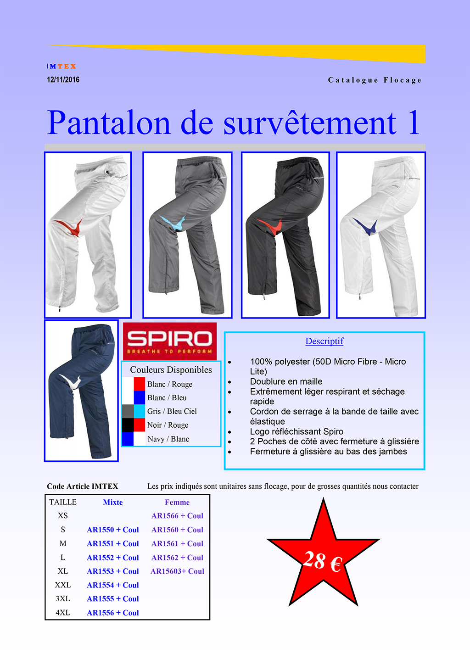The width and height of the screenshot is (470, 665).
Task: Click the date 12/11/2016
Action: (63, 79)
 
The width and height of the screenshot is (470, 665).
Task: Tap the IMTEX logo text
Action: (62, 66)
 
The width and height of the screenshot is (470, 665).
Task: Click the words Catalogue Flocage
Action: (375, 80)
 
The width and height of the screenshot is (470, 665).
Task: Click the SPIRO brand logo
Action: (170, 341)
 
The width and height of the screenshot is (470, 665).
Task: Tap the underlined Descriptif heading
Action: (325, 341)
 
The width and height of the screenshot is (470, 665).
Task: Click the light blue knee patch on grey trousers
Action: (174, 223)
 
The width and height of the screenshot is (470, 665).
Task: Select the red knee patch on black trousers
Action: (270, 226)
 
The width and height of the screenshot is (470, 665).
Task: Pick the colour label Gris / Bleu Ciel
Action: (172, 412)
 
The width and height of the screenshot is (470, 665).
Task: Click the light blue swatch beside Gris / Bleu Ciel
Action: (139, 411)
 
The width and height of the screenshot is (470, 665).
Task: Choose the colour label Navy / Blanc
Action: (168, 439)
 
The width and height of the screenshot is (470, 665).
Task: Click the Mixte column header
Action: (113, 503)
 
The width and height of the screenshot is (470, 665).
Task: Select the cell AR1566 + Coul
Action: (177, 516)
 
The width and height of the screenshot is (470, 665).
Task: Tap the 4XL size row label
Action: (63, 613)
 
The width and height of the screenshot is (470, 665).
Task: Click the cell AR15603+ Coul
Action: (177, 571)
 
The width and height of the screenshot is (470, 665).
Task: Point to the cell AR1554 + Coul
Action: (113, 585)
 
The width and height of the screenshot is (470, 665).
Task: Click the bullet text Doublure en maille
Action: (286, 381)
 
